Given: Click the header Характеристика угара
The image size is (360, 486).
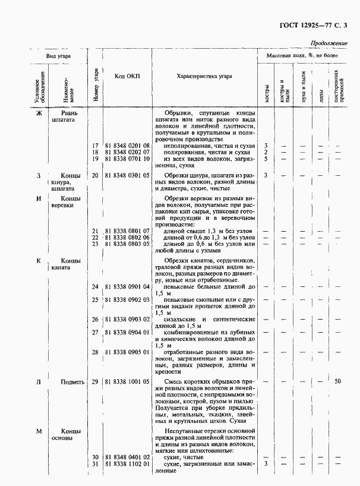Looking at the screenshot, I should point(204,77).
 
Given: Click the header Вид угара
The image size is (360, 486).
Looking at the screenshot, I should point(59,55).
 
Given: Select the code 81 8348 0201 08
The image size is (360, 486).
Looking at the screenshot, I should point(127,146).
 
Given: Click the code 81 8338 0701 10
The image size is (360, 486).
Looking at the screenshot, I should point(127,159).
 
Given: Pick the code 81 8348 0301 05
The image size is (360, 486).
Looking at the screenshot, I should point(127,175).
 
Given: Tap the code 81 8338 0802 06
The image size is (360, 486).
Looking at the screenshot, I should point(127,237).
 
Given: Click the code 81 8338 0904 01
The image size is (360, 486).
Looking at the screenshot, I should point(127,333).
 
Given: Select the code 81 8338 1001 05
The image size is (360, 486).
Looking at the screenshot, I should point(127,381).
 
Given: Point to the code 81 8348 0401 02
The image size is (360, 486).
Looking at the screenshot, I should point(127,456).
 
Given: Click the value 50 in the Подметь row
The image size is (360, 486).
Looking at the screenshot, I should point(338,381).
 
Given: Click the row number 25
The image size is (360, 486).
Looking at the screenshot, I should point(95,300).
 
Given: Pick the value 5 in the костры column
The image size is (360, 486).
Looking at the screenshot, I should point(266,159).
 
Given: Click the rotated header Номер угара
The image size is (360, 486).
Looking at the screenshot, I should point(96,84).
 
